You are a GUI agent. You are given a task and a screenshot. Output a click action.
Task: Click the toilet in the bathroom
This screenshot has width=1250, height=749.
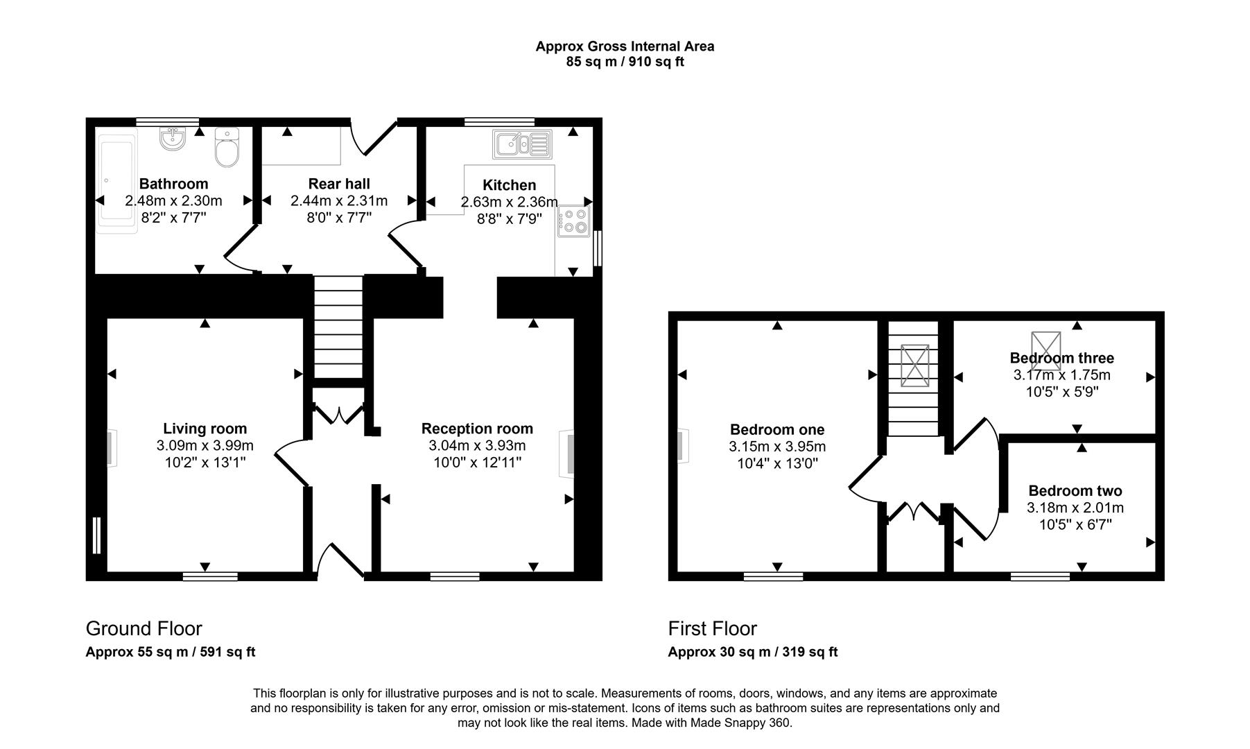pyautogui.click(x=227, y=148)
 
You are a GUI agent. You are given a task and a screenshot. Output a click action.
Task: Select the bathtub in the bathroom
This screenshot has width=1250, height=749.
pyautogui.click(x=116, y=182)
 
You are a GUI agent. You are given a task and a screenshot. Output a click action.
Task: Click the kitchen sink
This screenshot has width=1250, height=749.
pyautogui.click(x=522, y=144)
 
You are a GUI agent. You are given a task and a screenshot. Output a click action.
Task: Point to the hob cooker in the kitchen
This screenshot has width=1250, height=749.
pyautogui.click(x=573, y=221)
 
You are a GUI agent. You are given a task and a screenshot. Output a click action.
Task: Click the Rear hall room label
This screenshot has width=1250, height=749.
pyautogui.click(x=339, y=184)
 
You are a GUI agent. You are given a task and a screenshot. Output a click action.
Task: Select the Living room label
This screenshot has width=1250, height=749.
pyautogui.click(x=205, y=429)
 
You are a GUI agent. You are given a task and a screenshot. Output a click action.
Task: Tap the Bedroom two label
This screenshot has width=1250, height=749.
pyautogui.click(x=1075, y=491)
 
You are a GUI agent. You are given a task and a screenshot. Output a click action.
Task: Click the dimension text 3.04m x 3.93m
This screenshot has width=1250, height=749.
pyautogui.click(x=477, y=446)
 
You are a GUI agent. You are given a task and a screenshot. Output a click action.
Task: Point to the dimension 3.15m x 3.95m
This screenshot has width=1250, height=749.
pyautogui.click(x=777, y=447)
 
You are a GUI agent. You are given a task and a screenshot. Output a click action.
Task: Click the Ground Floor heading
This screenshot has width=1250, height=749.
pyautogui.click(x=144, y=628)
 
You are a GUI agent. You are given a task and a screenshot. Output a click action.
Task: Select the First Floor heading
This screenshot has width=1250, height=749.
pyautogui.click(x=712, y=628)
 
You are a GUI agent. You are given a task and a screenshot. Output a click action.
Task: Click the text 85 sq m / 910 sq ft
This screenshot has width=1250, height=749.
pyautogui.click(x=625, y=62)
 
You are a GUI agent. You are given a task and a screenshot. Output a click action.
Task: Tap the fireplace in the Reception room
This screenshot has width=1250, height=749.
pyautogui.click(x=568, y=454)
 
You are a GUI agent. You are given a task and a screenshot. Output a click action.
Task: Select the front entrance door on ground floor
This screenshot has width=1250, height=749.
pyautogui.click(x=340, y=560)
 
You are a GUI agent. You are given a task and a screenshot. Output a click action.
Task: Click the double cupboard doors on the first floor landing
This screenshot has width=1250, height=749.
pyautogui.click(x=913, y=512)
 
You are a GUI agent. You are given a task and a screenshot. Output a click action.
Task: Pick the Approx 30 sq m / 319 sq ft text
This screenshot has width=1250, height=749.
pyautogui.click(x=752, y=652)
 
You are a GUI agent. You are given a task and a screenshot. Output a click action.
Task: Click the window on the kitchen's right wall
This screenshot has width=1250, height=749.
pyautogui.click(x=598, y=248)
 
